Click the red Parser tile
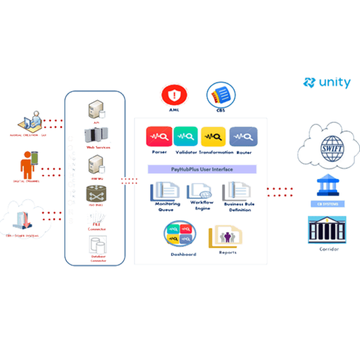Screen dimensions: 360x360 [x=159, y=137]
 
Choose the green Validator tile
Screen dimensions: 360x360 [x=186, y=137]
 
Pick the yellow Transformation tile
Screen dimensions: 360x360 [x=213, y=137]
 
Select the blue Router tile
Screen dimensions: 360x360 [x=243, y=137]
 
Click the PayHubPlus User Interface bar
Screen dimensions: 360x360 [x=202, y=169]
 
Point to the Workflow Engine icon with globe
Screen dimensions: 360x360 [x=199, y=192]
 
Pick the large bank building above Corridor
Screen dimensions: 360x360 [x=327, y=230]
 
